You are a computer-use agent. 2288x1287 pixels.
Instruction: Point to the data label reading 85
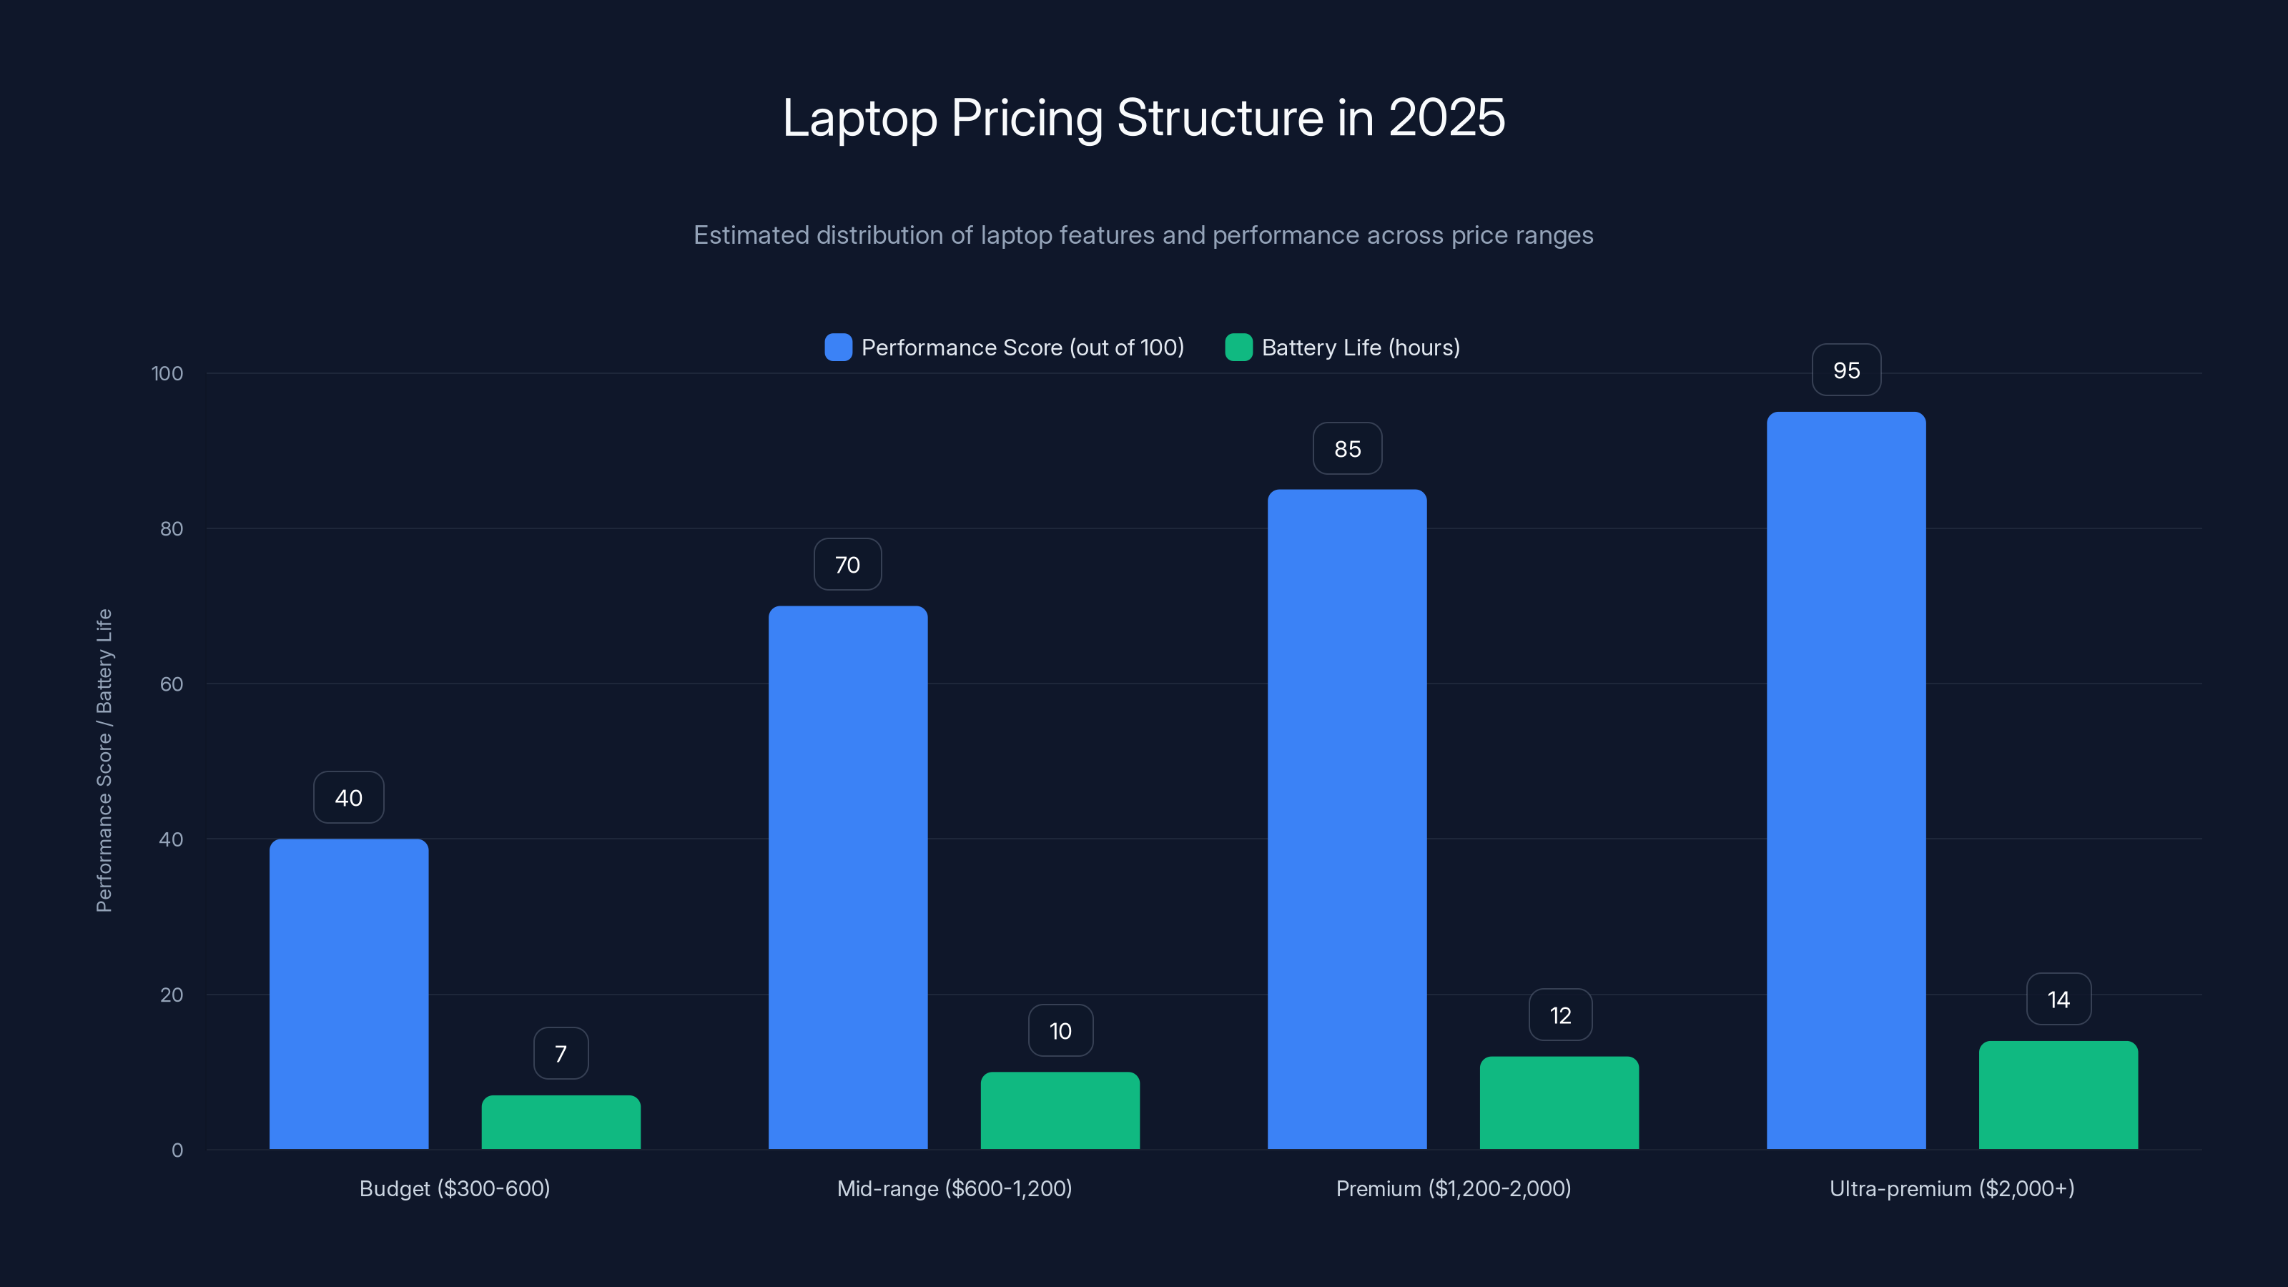click(x=1346, y=450)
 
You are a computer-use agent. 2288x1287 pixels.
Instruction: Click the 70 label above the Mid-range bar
click(x=847, y=565)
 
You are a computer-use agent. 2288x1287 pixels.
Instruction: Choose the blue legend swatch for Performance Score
click(x=837, y=347)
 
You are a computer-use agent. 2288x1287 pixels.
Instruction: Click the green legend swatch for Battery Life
click(x=1238, y=347)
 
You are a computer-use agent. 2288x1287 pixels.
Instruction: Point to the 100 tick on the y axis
click(x=167, y=373)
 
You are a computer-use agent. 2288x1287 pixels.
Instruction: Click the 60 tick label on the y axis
click(x=172, y=684)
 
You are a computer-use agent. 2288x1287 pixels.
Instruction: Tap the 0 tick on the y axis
click(x=177, y=1150)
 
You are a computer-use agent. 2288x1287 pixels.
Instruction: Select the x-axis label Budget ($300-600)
click(x=454, y=1188)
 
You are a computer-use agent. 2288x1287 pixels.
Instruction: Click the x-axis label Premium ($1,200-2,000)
click(x=1453, y=1188)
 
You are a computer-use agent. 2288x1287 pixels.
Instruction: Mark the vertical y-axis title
click(x=104, y=760)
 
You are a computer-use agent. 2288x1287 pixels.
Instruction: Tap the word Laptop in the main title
click(x=859, y=117)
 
